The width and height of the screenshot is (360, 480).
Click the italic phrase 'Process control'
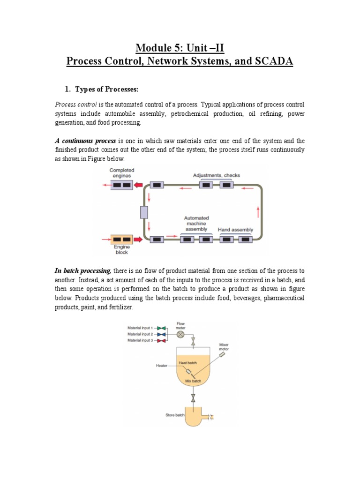(72, 104)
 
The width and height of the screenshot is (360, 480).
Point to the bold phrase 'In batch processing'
(83, 271)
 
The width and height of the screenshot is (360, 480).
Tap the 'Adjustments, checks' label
(216, 175)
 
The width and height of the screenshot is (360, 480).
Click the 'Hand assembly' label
(235, 230)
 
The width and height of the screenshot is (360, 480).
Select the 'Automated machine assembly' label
(196, 224)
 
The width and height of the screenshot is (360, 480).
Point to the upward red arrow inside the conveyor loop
(257, 212)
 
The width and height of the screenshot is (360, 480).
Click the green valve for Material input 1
(161, 328)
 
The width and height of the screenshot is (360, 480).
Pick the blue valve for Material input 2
(161, 334)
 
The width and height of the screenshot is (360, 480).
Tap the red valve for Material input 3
(161, 341)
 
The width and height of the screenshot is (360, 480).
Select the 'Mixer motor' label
(224, 347)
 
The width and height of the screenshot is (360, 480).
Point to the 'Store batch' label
(175, 415)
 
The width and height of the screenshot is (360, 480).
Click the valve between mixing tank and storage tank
(193, 399)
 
